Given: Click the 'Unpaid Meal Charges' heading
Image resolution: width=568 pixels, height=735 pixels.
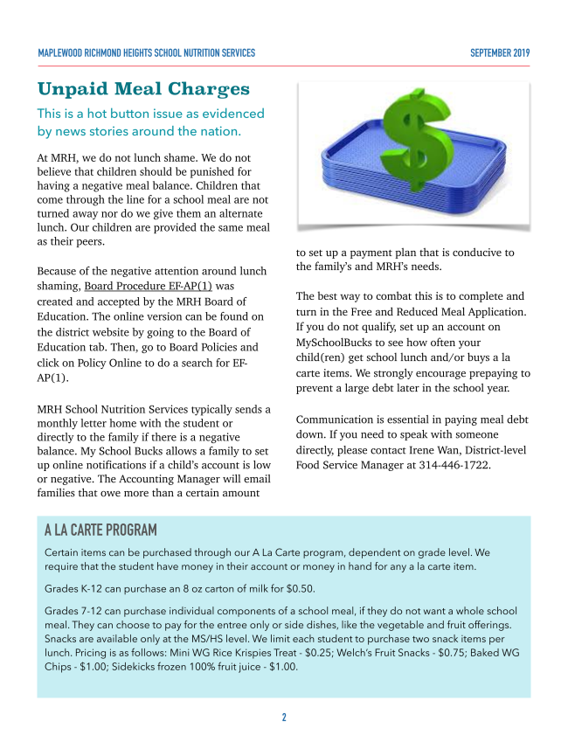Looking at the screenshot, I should click(143, 89).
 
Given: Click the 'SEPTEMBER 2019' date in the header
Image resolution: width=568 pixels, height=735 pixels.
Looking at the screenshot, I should click(500, 53).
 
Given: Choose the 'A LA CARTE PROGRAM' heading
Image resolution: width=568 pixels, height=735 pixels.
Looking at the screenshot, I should click(100, 530).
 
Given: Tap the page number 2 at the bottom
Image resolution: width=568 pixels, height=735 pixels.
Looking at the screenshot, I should click(284, 718).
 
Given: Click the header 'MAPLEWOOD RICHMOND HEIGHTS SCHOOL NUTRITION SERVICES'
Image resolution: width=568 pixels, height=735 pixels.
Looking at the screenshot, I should click(147, 53).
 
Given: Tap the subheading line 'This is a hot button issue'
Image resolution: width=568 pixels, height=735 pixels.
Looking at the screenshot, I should click(150, 114).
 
